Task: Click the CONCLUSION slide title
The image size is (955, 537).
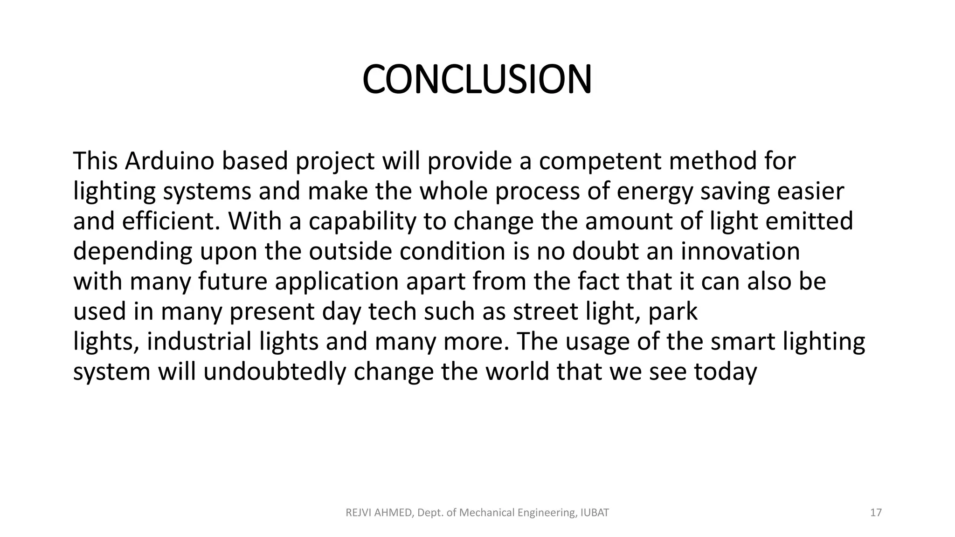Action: point(477,80)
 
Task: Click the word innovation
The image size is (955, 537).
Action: point(740,252)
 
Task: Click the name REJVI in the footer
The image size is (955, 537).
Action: point(357,513)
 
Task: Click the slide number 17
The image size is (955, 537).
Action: point(876,513)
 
